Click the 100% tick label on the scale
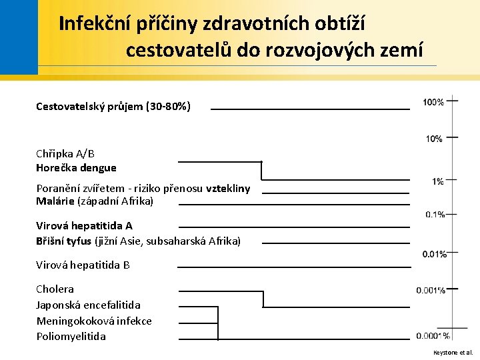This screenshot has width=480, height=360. [433, 102]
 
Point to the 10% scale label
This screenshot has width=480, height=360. [434, 139]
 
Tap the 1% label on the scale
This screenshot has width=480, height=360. [437, 181]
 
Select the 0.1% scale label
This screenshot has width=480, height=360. [435, 215]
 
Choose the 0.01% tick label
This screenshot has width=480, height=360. [434, 254]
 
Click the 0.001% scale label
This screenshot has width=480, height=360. [431, 290]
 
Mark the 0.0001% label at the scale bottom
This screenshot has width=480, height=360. [433, 336]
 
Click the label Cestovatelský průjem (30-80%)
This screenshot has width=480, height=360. [113, 106]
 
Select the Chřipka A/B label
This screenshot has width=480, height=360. [65, 153]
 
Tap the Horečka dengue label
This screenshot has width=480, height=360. [76, 168]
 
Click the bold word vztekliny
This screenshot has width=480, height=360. [228, 189]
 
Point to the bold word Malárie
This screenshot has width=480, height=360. [55, 201]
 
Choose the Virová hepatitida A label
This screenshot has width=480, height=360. [84, 225]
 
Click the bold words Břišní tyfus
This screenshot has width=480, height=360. [64, 240]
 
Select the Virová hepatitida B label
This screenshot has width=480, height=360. [83, 265]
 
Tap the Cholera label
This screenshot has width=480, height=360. [55, 289]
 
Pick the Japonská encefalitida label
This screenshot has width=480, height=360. [88, 305]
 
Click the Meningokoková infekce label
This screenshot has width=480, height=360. [94, 321]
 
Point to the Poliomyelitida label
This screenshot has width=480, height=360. [71, 337]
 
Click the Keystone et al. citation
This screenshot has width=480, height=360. [453, 352]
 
